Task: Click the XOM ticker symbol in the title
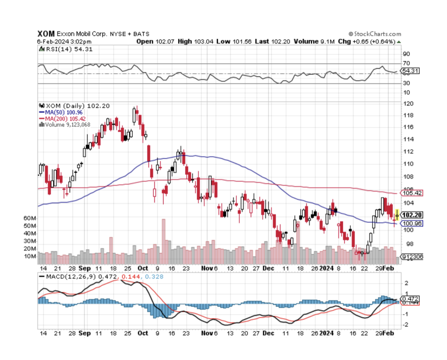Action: [x=46, y=33]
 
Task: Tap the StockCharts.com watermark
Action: [x=375, y=34]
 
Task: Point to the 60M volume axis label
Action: [x=30, y=218]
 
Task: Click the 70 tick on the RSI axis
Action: [x=406, y=63]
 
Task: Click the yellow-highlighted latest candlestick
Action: [x=397, y=215]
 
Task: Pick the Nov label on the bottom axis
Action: [x=206, y=268]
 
